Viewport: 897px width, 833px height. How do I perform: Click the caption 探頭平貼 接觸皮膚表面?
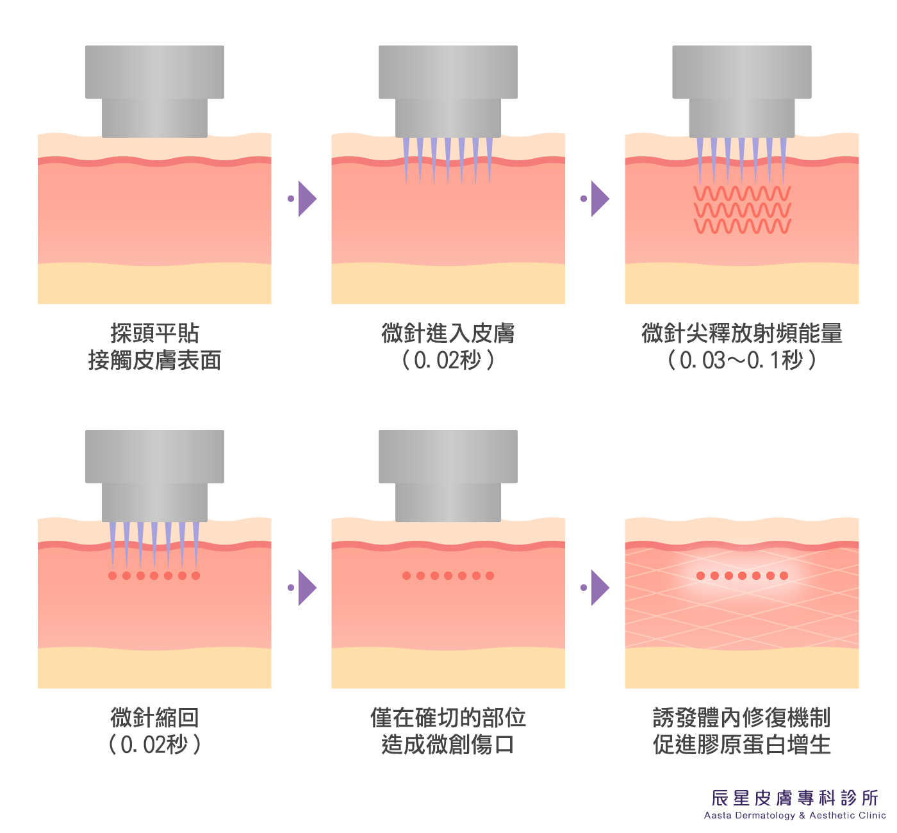tap(154, 347)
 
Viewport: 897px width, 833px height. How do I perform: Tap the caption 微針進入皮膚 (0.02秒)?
tap(448, 347)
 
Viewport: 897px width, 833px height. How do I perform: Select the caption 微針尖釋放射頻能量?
tap(742, 333)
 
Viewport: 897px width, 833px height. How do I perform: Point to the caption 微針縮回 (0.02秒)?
tap(154, 731)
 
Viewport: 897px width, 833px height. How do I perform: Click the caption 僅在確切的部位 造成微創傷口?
tap(448, 731)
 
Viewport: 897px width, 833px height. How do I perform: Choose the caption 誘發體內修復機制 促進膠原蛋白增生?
tap(742, 731)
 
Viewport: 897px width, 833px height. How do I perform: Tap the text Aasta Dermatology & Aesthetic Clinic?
tap(794, 816)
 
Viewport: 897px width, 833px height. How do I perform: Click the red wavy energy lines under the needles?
tap(742, 210)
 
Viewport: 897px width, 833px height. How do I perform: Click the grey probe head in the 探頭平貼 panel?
tap(154, 91)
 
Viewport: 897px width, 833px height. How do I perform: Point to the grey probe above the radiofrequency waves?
tap(742, 91)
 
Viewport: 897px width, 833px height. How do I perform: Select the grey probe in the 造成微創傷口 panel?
tap(448, 475)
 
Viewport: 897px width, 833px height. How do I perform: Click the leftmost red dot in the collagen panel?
tap(700, 575)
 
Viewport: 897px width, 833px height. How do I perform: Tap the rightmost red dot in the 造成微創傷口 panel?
tap(490, 575)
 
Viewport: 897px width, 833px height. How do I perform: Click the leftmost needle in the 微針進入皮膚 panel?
tap(406, 160)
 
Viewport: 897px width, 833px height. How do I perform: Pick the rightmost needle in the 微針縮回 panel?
tap(196, 545)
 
